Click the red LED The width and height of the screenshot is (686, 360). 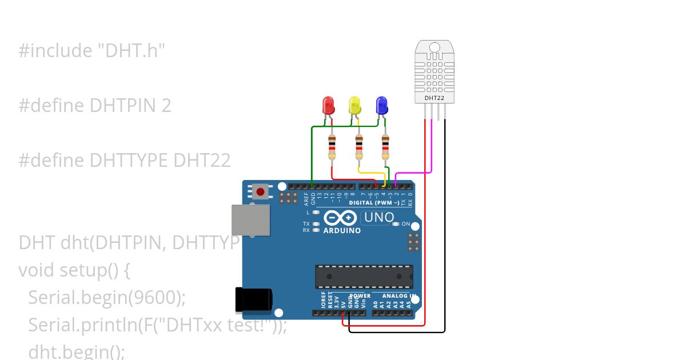(x=328, y=105)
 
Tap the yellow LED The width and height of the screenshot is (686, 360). (x=354, y=105)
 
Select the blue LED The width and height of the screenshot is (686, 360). (x=381, y=105)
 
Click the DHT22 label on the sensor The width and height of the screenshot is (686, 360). (x=434, y=98)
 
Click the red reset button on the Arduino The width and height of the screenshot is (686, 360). (x=261, y=191)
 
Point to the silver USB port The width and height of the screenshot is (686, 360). (x=250, y=220)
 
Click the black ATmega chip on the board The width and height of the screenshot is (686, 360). (x=364, y=277)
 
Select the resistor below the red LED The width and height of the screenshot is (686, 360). (x=332, y=147)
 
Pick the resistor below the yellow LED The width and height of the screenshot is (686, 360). (x=359, y=147)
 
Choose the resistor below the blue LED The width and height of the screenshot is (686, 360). (x=385, y=147)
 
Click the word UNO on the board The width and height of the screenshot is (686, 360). (x=379, y=217)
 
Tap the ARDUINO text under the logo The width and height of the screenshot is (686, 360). (x=342, y=231)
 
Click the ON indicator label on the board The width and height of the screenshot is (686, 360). (x=406, y=223)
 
